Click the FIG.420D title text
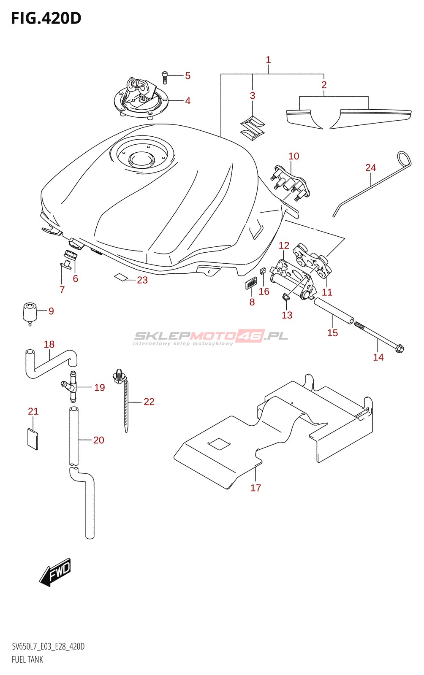[x=46, y=18]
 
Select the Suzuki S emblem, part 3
[x=252, y=128]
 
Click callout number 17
[x=255, y=488]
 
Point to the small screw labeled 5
[x=165, y=77]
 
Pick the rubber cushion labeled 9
[x=29, y=313]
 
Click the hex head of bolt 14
[x=399, y=349]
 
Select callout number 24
[x=370, y=168]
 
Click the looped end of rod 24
[x=404, y=159]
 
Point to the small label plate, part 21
[x=33, y=439]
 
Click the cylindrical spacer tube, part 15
[x=334, y=311]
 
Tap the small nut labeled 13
[x=285, y=298]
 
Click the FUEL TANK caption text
[x=27, y=659]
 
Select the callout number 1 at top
[x=268, y=60]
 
